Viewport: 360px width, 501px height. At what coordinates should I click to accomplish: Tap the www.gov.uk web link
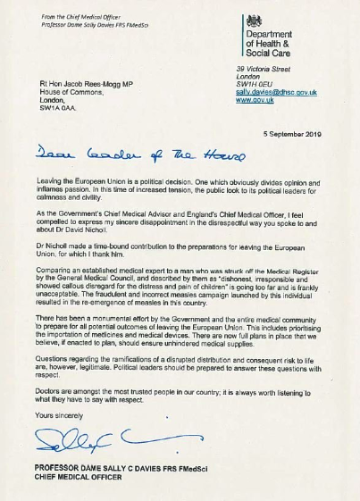(x=254, y=100)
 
